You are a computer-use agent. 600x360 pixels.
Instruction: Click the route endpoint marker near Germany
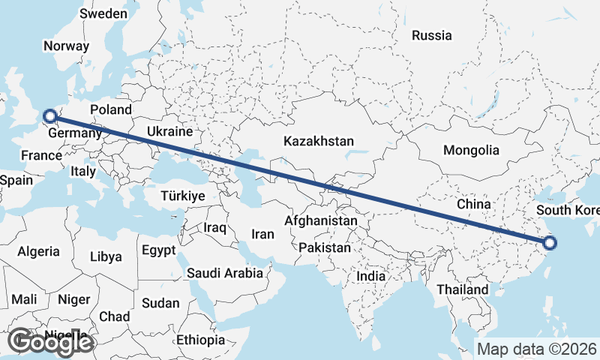point(50,115)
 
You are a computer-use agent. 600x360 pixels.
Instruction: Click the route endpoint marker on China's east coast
point(550,242)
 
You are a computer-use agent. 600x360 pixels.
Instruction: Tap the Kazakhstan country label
point(319,141)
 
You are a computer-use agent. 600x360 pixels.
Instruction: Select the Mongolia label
point(471,150)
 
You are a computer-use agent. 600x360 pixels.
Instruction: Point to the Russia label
point(432,35)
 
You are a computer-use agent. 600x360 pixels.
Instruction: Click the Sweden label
point(103,13)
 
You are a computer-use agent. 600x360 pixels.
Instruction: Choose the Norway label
point(66,46)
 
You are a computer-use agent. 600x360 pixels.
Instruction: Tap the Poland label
point(110,109)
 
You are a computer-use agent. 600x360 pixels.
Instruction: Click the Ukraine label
point(169,131)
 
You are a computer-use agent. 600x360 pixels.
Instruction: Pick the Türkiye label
point(183,195)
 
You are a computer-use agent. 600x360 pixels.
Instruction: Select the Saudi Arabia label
point(225,273)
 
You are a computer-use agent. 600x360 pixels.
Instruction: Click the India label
point(371,276)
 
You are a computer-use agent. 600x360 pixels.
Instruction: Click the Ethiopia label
point(201,340)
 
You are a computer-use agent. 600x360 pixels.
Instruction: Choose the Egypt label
point(158,250)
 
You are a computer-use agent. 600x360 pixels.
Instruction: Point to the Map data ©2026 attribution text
point(536,349)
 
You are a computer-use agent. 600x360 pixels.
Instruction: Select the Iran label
point(262,234)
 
